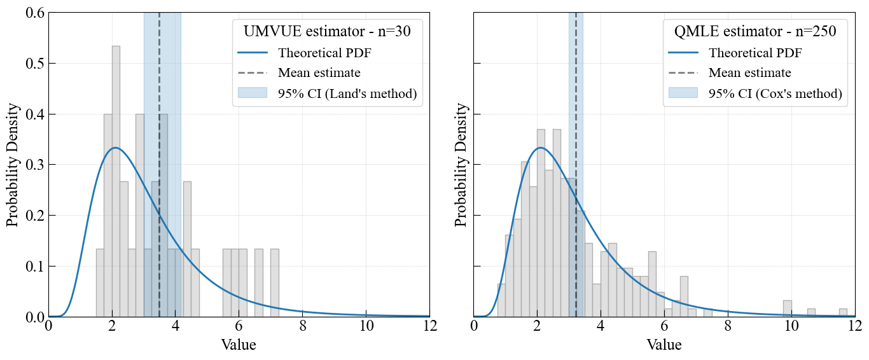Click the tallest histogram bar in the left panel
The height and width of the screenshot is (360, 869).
click(116, 181)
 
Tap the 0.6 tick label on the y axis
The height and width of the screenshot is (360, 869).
click(35, 13)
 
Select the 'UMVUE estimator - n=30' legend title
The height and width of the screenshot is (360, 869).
click(327, 31)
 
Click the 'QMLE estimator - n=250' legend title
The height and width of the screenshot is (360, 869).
click(755, 31)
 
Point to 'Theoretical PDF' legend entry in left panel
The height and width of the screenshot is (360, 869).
click(305, 53)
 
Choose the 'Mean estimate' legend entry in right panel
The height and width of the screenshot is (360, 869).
click(730, 73)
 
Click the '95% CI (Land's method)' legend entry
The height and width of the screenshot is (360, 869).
click(327, 93)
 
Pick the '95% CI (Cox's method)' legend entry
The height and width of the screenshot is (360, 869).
click(755, 93)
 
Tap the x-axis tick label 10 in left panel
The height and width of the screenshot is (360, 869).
click(366, 326)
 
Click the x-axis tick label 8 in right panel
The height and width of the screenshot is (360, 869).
click(728, 326)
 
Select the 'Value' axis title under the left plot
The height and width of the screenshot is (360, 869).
click(239, 345)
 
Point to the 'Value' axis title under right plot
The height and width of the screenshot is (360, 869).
click(664, 345)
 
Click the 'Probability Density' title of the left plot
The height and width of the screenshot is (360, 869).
click(13, 165)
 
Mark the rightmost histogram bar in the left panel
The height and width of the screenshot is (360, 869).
click(275, 283)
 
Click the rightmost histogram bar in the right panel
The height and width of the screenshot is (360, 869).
click(843, 313)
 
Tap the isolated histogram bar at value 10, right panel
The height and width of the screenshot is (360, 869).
click(788, 308)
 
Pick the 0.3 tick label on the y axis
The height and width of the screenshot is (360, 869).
click(35, 165)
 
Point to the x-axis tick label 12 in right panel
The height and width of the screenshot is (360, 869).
click(855, 326)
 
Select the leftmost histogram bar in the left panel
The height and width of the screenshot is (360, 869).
click(100, 283)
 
